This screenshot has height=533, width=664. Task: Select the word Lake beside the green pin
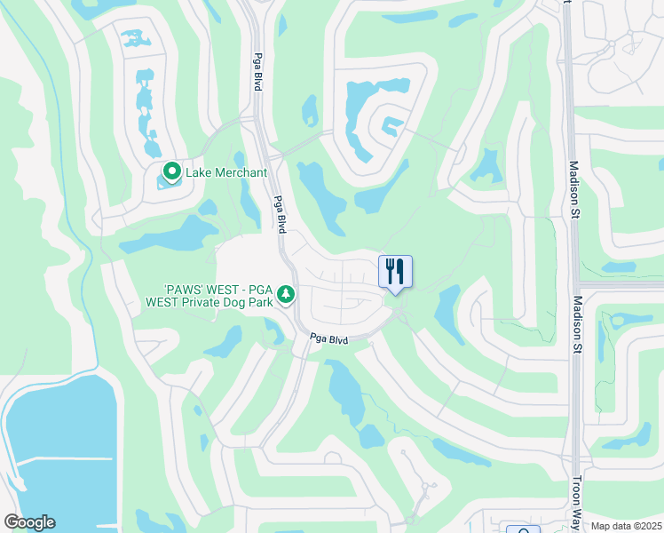tap(197, 171)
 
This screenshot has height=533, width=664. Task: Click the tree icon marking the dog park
tap(286, 293)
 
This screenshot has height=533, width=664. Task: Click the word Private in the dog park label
tap(206, 302)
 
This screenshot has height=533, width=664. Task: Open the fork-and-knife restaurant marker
tap(395, 272)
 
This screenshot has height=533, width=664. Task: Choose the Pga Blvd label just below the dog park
tap(329, 338)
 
